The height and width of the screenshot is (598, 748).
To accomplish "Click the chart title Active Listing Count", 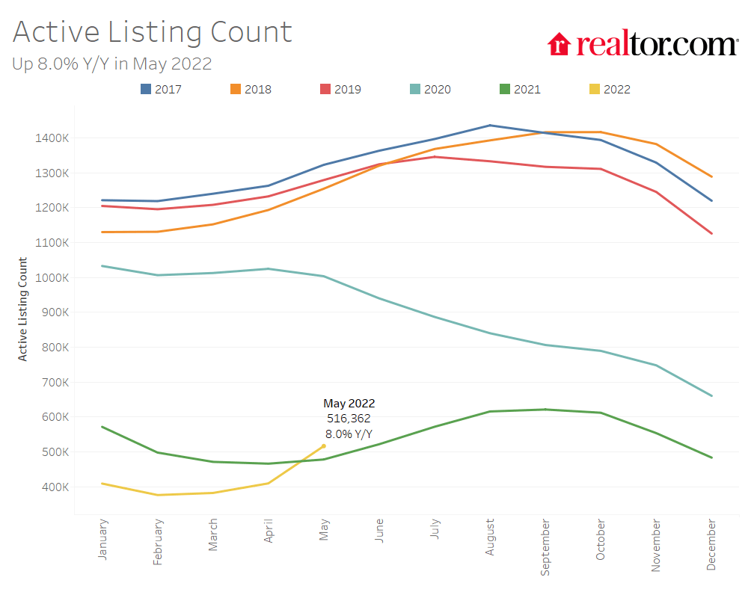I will coord(152,32).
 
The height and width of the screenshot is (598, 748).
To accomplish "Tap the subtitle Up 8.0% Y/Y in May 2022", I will coord(112,64).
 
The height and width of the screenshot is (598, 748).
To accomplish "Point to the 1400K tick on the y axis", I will coord(52,138).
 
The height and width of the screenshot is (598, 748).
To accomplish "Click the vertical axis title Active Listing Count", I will coord(23,309).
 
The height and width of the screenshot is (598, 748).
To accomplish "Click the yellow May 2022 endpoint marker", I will coord(324,446).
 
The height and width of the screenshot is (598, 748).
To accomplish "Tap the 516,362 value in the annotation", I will coord(349,419).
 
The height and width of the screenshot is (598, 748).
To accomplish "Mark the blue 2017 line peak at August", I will coord(490,126).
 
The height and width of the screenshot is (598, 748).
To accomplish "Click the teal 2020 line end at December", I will coord(711,396).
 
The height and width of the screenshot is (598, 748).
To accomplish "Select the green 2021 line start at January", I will coord(102,427).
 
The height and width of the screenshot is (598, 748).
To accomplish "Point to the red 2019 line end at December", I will coord(711,233).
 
